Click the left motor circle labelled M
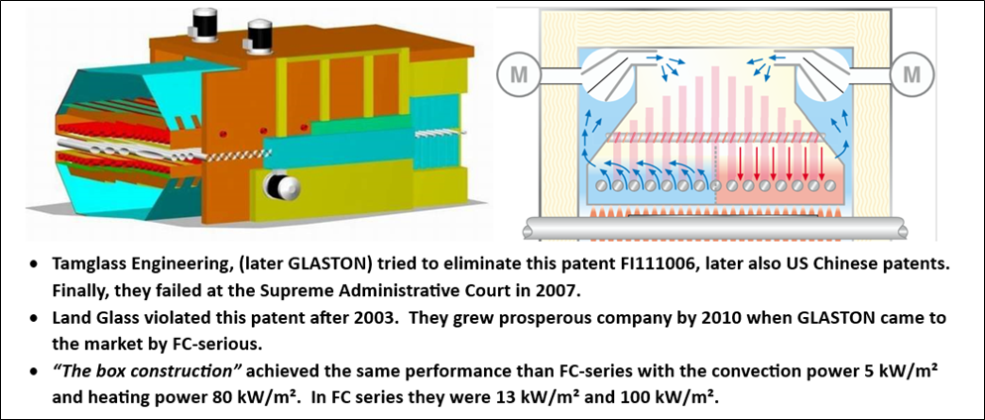point(520,74)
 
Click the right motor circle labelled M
point(911,74)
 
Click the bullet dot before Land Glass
point(34,319)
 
